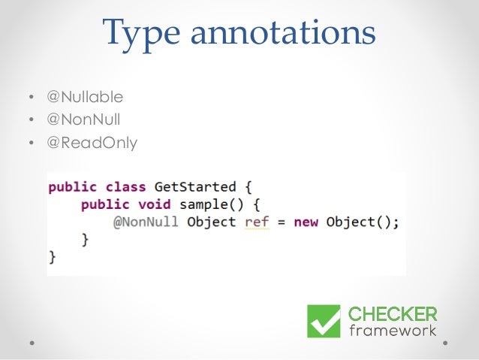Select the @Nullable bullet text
pos(86,97)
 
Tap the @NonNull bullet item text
pos(84,119)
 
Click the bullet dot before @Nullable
pos(31,98)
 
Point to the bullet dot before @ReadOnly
pos(31,141)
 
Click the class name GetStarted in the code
pos(195,186)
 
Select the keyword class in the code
pos(125,186)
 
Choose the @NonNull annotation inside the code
pos(146,222)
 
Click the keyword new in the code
pos(305,222)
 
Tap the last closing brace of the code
pos(53,257)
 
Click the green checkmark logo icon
pos(324,321)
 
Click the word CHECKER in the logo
pos(393,313)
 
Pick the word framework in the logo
pos(393,331)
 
